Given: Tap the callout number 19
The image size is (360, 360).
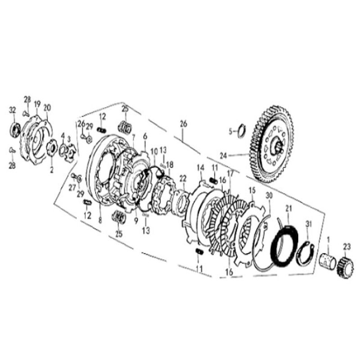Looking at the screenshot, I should point(37,104).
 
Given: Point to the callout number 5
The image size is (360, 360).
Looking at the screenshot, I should point(230,132).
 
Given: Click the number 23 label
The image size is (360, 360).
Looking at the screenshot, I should point(346,246).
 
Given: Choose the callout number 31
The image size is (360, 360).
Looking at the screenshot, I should point(308,224).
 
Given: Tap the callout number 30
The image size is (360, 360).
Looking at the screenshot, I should point(269,196).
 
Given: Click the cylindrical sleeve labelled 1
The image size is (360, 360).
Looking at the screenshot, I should point(327,261).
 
